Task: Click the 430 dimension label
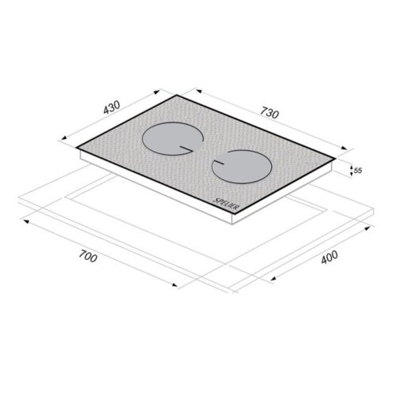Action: [111, 107]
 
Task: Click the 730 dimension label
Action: [269, 112]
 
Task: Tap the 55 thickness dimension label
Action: [358, 171]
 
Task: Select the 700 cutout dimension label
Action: [88, 256]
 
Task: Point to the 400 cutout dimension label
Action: [329, 257]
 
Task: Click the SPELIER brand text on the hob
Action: [226, 204]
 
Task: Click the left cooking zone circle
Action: [173, 138]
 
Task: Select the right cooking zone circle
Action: [242, 167]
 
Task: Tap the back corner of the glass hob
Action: [177, 95]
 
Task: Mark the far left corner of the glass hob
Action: [77, 147]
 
